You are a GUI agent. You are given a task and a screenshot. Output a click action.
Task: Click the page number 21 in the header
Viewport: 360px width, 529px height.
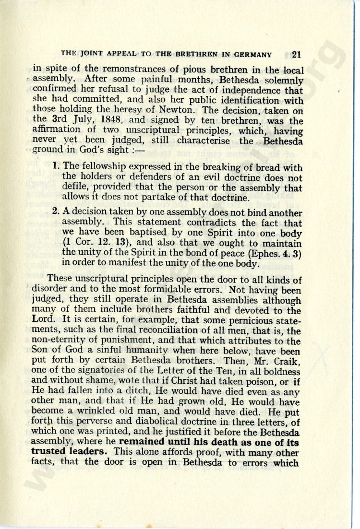296,54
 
